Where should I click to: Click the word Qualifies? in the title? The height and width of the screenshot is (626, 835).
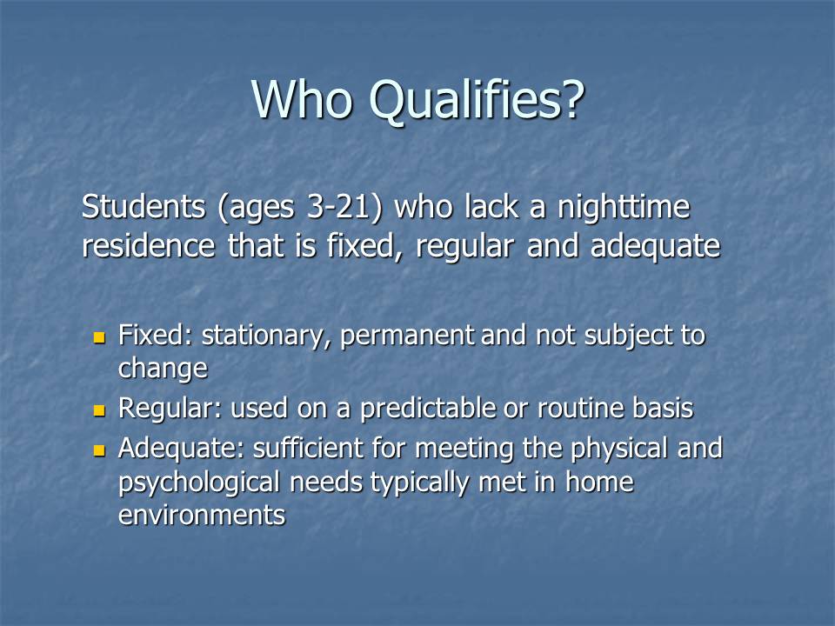click(x=477, y=101)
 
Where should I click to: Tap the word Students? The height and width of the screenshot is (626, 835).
click(x=144, y=206)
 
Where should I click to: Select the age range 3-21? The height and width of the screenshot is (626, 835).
click(x=338, y=207)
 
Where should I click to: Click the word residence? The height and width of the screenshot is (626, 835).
click(x=149, y=246)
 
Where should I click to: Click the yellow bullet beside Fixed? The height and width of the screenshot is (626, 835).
click(x=99, y=337)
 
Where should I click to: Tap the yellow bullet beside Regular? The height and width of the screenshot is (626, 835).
click(x=99, y=410)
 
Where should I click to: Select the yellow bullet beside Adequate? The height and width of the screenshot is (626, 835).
click(x=99, y=450)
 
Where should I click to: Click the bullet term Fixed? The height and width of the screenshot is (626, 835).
click(x=155, y=335)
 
